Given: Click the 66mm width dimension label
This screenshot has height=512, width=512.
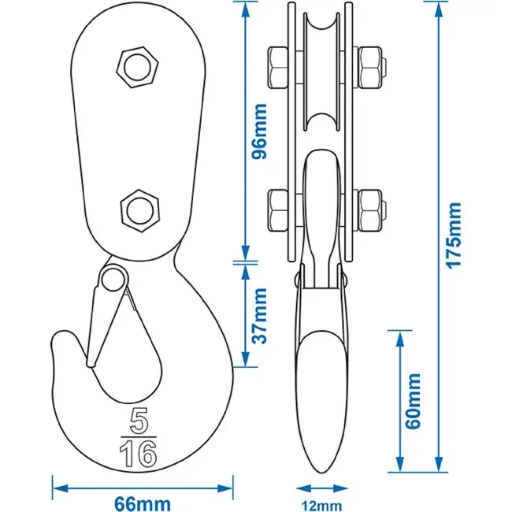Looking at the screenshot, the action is [143, 504].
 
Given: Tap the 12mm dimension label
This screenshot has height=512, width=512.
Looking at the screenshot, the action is [322, 506].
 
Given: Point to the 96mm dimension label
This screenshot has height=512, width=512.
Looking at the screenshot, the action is [260, 132].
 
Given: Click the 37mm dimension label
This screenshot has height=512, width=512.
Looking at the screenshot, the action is [260, 316].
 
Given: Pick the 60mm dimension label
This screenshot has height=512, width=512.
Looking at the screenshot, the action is [413, 401].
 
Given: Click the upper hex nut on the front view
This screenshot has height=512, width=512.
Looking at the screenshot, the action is [138, 67].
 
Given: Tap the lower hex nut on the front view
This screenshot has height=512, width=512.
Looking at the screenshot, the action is [140, 210].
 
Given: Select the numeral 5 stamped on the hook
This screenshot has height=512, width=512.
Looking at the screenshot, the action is [139, 421].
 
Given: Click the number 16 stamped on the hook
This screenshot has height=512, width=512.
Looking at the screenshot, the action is [139, 453].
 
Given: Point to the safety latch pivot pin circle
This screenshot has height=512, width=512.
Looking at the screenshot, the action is [114, 280].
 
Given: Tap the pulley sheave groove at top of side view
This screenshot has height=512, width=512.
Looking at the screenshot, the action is [322, 23].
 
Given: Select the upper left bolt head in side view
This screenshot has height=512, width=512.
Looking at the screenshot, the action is [278, 68].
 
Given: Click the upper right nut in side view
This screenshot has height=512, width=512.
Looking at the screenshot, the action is [370, 68].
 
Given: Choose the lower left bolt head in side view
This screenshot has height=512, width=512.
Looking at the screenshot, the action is [278, 210].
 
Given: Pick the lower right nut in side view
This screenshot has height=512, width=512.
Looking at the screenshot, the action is [370, 210].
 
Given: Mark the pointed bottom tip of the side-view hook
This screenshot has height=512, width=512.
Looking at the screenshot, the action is [322, 473].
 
